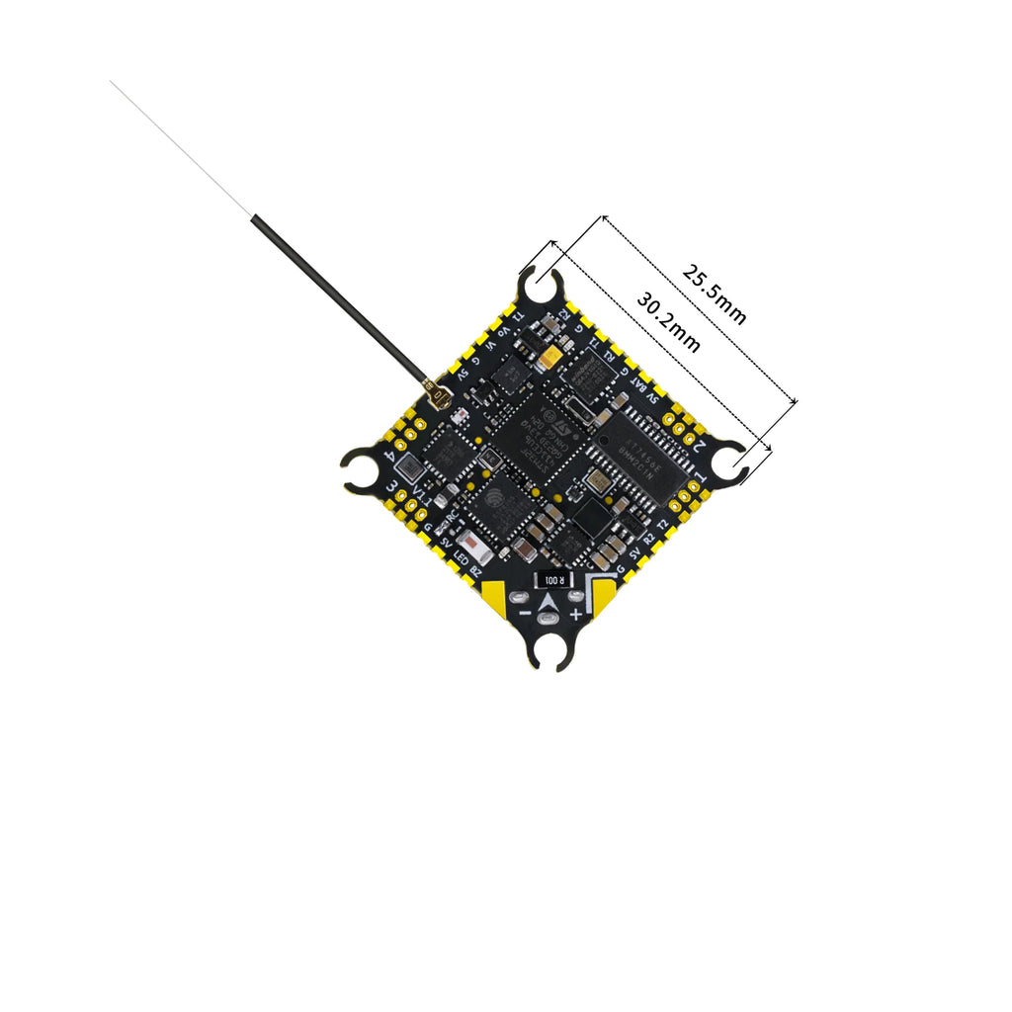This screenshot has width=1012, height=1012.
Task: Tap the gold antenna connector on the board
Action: [x=438, y=398]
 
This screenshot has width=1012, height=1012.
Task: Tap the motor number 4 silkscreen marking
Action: [x=398, y=461]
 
